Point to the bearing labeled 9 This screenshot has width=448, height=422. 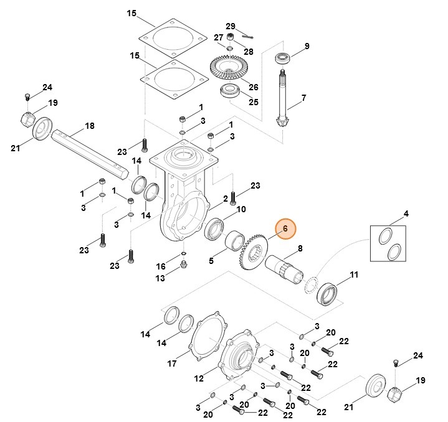point(284,59)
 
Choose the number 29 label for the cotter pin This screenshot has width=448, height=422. point(230,26)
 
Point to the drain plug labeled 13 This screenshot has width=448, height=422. point(184,266)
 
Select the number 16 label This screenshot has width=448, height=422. point(161,266)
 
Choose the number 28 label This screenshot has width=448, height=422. point(249,50)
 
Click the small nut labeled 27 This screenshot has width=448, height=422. point(229,39)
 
